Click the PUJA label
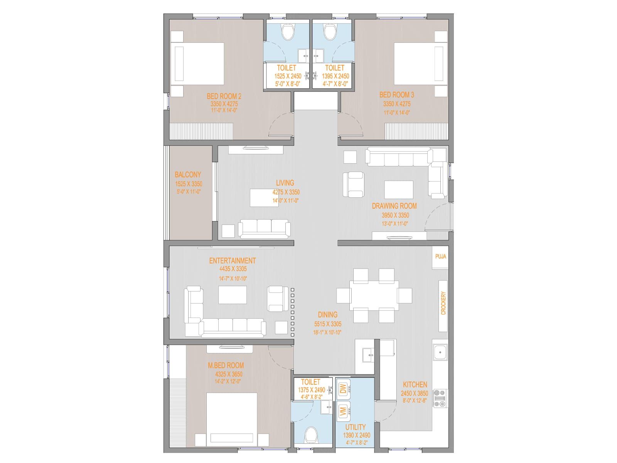(x=440, y=257)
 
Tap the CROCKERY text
(x=443, y=303)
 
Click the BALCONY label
(x=188, y=175)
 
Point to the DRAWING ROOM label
(x=394, y=206)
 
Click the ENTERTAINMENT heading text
(x=232, y=261)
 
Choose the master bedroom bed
(x=231, y=419)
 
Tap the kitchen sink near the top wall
(x=440, y=352)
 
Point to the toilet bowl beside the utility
(x=310, y=436)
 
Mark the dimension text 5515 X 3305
(x=328, y=324)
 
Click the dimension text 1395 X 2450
(x=335, y=76)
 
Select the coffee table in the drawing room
(x=398, y=189)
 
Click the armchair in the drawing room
(x=354, y=184)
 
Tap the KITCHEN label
(x=415, y=385)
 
